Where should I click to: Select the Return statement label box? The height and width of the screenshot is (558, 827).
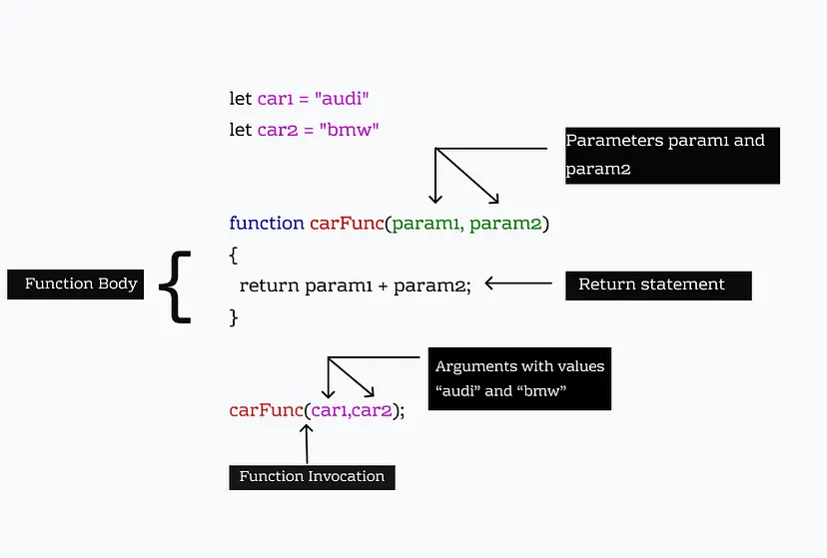point(657,284)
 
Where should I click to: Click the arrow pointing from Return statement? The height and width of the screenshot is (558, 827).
point(517,283)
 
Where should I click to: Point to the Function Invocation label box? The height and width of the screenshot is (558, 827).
point(312,477)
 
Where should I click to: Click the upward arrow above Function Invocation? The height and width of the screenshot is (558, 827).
point(307,443)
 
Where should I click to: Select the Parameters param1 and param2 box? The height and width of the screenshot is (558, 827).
point(671,156)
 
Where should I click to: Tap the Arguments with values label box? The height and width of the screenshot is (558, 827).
point(519,379)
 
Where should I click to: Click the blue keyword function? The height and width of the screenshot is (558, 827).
point(266,223)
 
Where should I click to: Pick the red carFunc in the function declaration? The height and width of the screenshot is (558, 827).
point(347,223)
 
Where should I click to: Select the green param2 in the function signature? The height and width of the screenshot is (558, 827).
point(505,223)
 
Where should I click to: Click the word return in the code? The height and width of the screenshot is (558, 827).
point(269,285)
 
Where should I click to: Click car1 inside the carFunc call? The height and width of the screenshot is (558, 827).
point(329,410)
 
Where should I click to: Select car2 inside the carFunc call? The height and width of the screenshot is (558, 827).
point(373,410)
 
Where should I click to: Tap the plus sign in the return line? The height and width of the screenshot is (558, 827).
point(382,285)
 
